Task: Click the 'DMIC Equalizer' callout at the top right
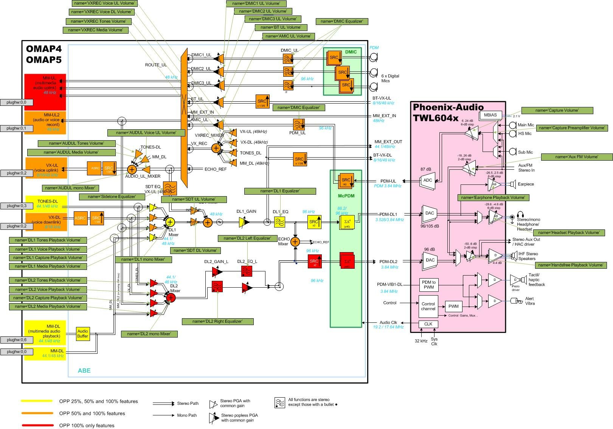coord(341,22)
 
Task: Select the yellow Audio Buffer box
coord(83,334)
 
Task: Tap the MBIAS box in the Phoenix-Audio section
coord(490,115)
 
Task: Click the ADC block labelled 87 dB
coord(428,180)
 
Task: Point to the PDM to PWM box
coord(428,285)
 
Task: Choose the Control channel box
coord(428,306)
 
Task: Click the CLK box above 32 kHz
coord(428,324)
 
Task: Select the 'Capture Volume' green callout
coord(557,110)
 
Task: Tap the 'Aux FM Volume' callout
coord(577,157)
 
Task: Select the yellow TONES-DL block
coord(46,204)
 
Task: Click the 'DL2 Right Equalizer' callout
coord(217,321)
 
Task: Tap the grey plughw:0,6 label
coord(16,340)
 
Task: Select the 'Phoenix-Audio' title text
coord(448,107)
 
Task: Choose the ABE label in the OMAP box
coord(84,370)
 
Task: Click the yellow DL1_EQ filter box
coord(279,222)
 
